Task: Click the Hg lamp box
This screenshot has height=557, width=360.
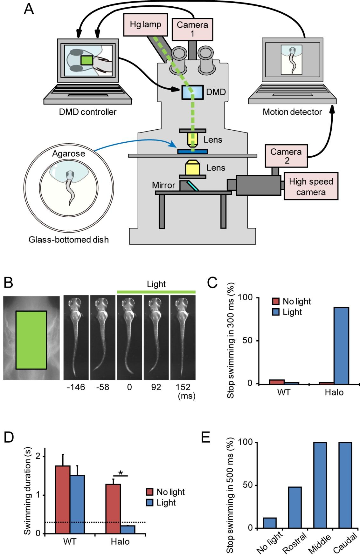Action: [x=145, y=24]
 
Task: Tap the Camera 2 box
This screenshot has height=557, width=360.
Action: [x=286, y=156]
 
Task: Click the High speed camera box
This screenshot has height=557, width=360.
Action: [x=311, y=187]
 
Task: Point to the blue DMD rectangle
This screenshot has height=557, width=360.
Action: [x=192, y=92]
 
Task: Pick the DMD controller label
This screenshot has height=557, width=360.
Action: [x=88, y=112]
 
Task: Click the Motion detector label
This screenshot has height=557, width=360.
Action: [x=292, y=112]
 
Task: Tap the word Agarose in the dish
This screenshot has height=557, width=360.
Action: [x=69, y=154]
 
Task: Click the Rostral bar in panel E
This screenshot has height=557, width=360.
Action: [x=295, y=507]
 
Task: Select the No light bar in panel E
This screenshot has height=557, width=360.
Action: [x=270, y=523]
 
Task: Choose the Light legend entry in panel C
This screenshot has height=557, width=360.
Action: [x=287, y=312]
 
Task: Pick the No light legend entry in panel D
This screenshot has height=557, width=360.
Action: [x=165, y=492]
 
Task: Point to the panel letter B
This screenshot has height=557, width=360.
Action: [x=8, y=282]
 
